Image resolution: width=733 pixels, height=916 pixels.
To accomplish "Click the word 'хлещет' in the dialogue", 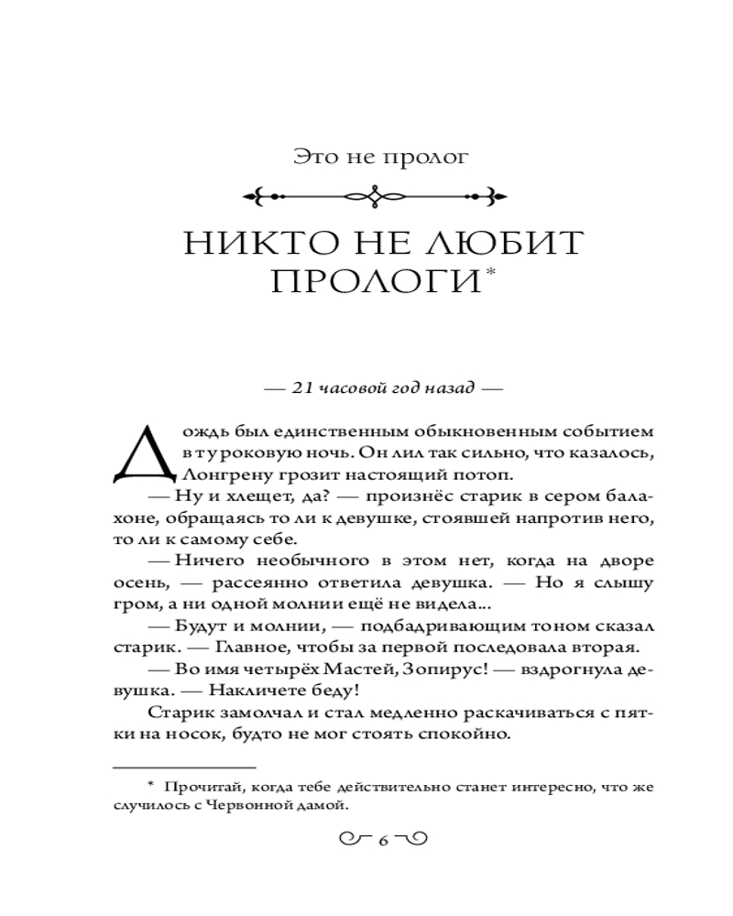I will click(x=245, y=496).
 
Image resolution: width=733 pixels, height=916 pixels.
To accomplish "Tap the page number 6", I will click(x=383, y=840).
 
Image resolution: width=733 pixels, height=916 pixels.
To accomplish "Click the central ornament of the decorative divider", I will click(x=375, y=195).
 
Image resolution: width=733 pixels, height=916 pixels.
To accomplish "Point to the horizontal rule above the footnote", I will click(x=183, y=766).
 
